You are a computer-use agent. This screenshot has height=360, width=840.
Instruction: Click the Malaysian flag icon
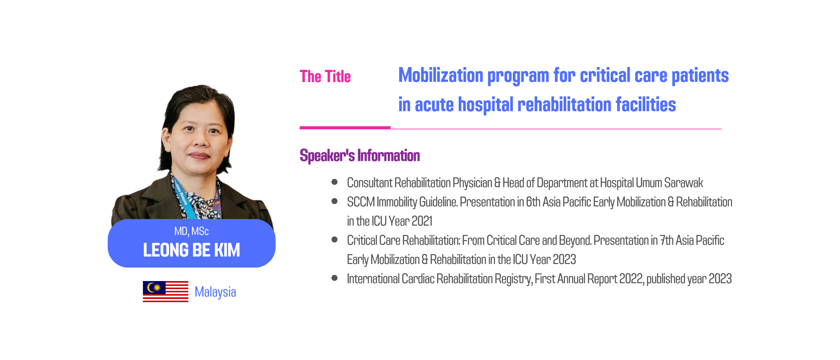tap(165, 291)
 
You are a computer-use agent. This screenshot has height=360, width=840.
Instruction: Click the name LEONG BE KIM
tap(191, 250)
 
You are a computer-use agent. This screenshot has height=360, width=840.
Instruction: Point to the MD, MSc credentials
tap(191, 231)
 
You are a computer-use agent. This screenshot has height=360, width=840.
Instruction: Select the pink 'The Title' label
tap(325, 76)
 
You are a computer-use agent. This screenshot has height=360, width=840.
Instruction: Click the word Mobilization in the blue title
tap(441, 75)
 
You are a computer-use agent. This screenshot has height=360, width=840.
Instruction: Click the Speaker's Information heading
tap(360, 155)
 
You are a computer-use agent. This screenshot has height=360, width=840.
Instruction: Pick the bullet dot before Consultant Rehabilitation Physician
tap(334, 182)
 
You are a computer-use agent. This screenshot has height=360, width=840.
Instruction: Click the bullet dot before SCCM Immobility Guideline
tap(334, 201)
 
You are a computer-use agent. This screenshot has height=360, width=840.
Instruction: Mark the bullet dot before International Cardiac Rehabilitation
tap(334, 278)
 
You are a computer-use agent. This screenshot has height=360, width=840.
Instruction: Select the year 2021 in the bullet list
tap(422, 221)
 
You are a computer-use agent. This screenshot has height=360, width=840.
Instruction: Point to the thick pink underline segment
tap(345, 128)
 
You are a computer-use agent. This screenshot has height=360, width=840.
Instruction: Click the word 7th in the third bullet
tap(667, 240)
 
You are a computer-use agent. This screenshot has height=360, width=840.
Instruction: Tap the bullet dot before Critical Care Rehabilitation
tap(334, 240)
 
